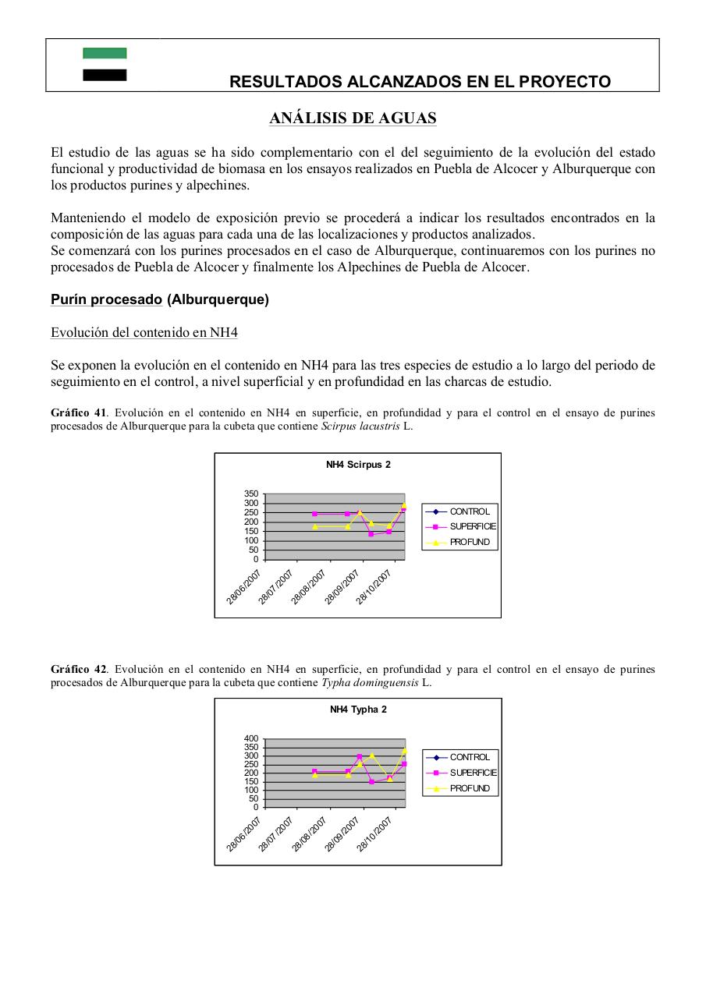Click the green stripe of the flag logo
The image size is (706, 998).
(105, 53)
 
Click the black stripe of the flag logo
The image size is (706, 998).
(105, 75)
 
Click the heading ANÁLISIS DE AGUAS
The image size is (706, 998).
(353, 119)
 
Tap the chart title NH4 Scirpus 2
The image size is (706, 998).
(358, 465)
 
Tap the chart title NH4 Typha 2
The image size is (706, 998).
(358, 710)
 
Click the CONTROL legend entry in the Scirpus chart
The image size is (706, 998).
(469, 511)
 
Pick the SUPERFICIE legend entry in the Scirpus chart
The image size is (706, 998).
(472, 526)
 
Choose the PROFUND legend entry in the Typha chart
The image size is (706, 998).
(470, 788)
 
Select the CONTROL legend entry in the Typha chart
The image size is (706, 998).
(470, 757)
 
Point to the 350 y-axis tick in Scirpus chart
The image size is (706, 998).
(250, 494)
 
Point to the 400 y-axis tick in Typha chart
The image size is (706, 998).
(250, 738)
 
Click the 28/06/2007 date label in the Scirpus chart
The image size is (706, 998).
(244, 587)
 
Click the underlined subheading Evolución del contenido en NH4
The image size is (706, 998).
(144, 333)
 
